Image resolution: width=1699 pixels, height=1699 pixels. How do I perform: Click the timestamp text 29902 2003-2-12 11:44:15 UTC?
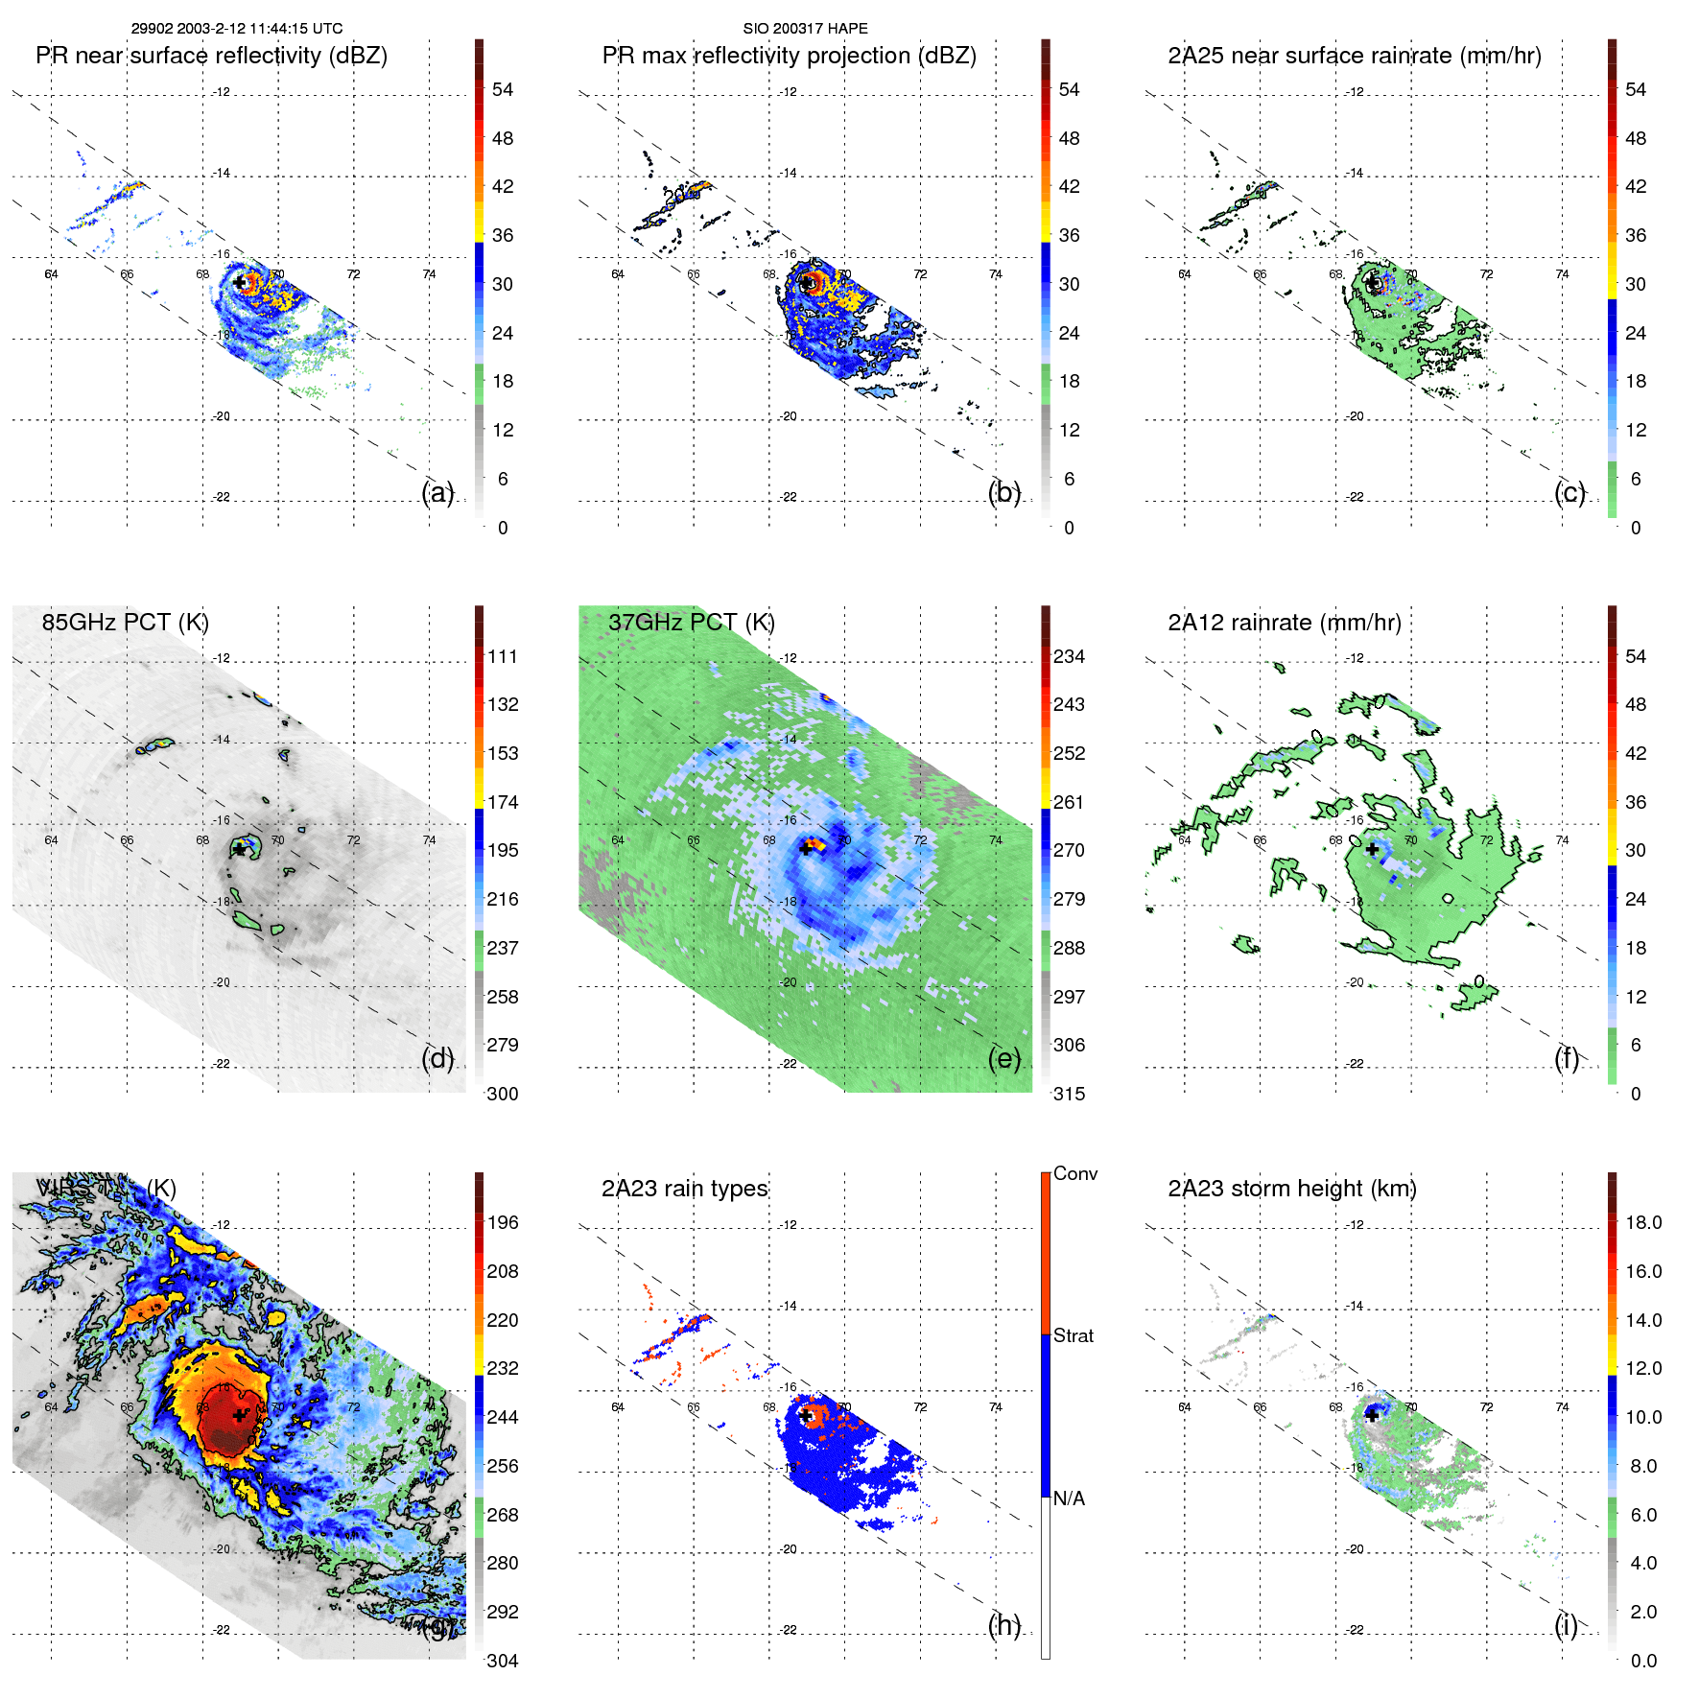(x=237, y=29)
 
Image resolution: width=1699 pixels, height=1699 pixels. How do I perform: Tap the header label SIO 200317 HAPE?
(x=805, y=29)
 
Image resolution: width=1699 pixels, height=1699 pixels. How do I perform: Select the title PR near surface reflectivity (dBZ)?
(x=211, y=56)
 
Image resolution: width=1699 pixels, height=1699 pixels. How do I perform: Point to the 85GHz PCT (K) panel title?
(x=125, y=623)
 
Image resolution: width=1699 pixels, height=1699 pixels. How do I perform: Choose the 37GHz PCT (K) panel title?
(x=691, y=623)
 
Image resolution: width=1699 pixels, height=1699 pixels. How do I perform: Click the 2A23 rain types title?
(x=684, y=1189)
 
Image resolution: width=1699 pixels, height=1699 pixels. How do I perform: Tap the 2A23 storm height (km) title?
(x=1291, y=1189)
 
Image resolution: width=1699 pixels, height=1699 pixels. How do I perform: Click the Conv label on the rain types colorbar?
(x=1074, y=1173)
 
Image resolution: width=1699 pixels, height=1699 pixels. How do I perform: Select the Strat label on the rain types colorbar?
(x=1073, y=1335)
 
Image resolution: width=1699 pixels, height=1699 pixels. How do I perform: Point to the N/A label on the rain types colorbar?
(x=1069, y=1498)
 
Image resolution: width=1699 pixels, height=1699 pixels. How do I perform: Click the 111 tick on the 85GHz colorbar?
(x=503, y=657)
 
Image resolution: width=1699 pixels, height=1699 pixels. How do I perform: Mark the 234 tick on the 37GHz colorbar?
(x=1069, y=657)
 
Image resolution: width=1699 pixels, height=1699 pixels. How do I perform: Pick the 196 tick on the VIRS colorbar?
(x=503, y=1223)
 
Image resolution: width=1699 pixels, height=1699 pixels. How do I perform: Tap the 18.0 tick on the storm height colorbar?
(x=1642, y=1223)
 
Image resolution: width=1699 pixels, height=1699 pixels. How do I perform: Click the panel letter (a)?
(x=437, y=493)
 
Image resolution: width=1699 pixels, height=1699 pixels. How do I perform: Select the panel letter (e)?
(x=1003, y=1059)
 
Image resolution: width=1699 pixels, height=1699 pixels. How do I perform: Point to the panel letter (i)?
(x=1566, y=1625)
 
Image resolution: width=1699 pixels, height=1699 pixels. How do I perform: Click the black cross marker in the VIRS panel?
(x=239, y=1415)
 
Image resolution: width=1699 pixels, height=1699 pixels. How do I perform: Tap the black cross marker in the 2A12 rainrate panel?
(x=1372, y=849)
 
